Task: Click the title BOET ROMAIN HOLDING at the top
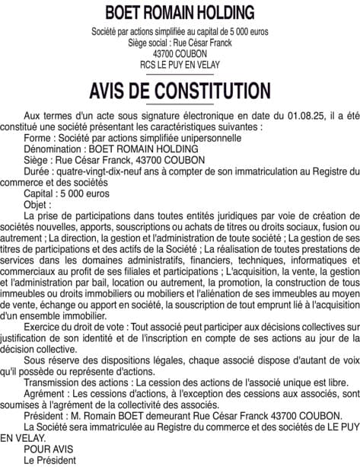click(x=180, y=12)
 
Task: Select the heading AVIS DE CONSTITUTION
click(x=180, y=90)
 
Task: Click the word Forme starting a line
click(x=38, y=138)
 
